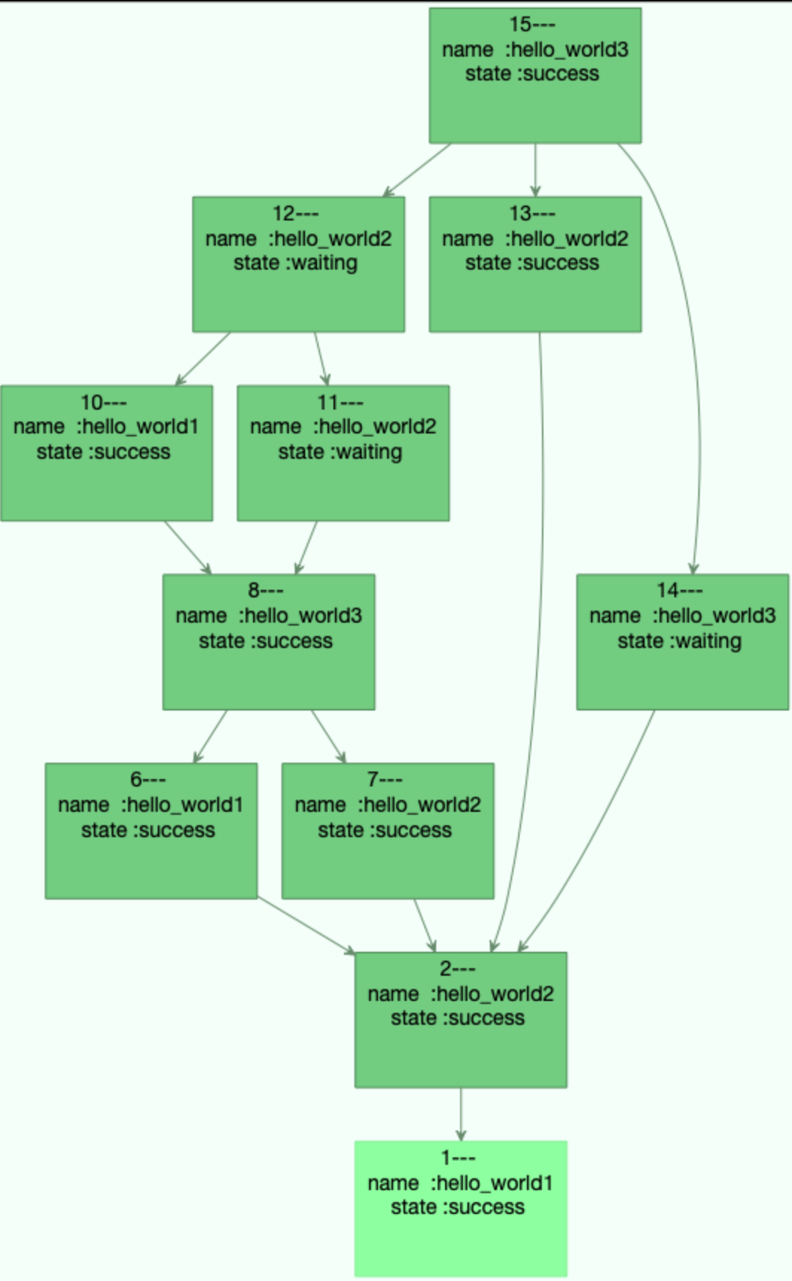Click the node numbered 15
point(534,75)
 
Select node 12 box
point(298,264)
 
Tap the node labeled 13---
point(534,264)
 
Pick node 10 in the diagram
point(106,453)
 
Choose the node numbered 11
point(342,453)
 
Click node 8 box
point(268,641)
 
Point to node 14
point(682,641)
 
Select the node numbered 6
point(151,830)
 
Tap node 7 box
point(387,830)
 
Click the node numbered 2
point(460,1020)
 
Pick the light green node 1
point(460,1208)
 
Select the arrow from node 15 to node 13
point(535,169)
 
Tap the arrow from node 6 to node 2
point(305,925)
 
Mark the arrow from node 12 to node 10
point(202,359)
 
